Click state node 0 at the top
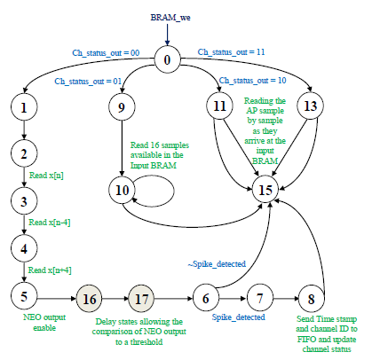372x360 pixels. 165,60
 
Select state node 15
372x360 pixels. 264,190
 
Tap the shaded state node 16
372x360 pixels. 91,299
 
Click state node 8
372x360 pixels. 309,299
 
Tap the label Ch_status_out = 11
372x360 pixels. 233,52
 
